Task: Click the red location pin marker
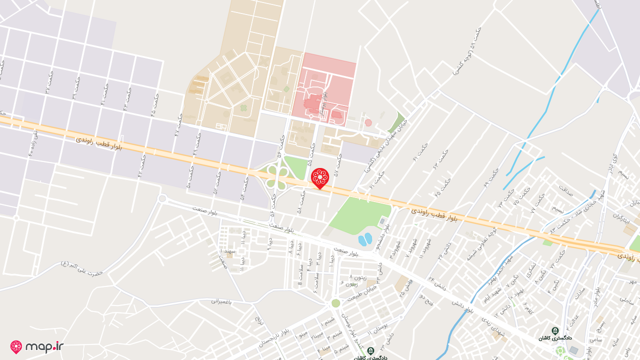click(319, 177)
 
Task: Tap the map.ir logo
click(37, 346)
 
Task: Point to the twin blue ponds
click(365, 239)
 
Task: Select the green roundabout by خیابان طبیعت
click(335, 303)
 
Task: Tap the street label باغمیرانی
click(222, 301)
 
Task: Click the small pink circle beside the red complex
click(368, 122)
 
